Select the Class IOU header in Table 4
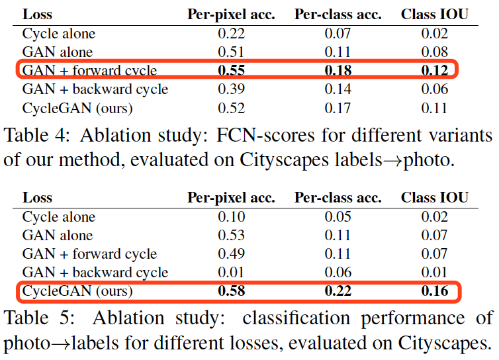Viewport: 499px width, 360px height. point(434,15)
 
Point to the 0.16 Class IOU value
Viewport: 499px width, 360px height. point(434,291)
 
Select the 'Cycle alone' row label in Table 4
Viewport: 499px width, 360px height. point(58,34)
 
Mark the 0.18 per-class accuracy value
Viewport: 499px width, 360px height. point(338,71)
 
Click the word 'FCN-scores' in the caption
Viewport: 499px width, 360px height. point(255,136)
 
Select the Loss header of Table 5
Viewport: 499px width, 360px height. point(37,198)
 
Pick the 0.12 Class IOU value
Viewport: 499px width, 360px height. point(434,71)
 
